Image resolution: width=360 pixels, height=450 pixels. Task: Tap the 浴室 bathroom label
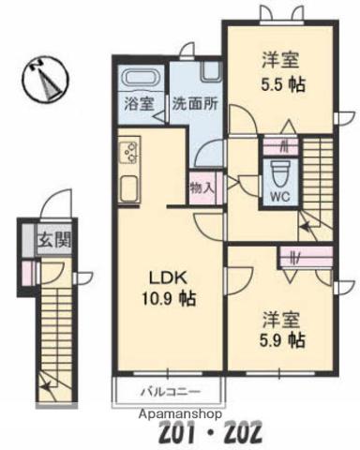click(137, 104)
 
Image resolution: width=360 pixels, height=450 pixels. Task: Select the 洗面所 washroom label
click(194, 104)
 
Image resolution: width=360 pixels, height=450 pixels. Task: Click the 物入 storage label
click(202, 187)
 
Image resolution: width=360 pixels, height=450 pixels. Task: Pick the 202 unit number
click(304, 433)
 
